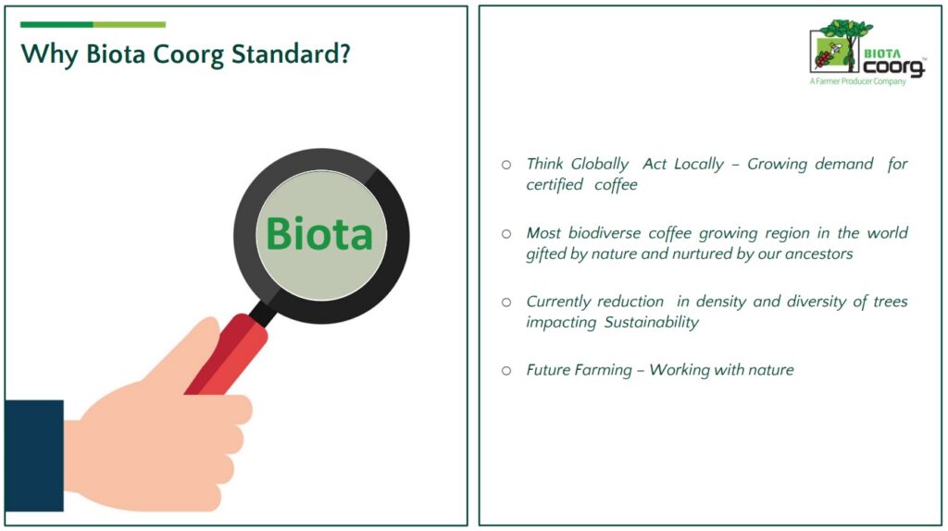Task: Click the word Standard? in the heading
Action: pos(291,54)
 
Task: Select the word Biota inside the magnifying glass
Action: pos(319,234)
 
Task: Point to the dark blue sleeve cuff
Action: pos(34,455)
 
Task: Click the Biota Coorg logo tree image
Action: pos(841,45)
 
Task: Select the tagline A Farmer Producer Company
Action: pos(858,81)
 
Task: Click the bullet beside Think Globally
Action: pos(506,165)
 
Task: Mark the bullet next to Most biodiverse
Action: pos(506,233)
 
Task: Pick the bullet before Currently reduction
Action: pos(506,303)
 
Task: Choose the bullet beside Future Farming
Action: pos(506,370)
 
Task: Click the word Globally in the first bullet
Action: pos(600,165)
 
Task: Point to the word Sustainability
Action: pos(652,323)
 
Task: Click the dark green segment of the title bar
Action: pos(56,25)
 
